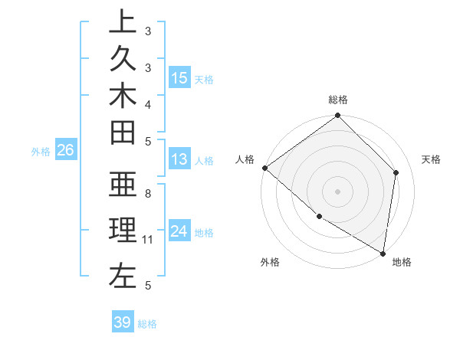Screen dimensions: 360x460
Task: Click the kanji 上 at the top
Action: (x=122, y=22)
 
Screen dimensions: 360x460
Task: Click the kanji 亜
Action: (x=122, y=186)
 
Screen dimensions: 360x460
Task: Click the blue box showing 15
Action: (x=179, y=78)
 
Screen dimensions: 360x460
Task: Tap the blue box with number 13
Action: (x=179, y=159)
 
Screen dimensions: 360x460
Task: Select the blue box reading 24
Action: (x=179, y=231)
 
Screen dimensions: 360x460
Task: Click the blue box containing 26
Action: (x=65, y=150)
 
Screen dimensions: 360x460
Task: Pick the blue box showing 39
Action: (x=123, y=322)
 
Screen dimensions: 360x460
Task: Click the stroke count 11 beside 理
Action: (x=148, y=240)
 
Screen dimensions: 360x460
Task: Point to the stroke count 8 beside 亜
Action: (x=148, y=194)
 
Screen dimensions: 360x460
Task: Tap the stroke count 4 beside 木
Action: (x=148, y=103)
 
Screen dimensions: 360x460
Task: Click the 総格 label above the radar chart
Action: (x=337, y=100)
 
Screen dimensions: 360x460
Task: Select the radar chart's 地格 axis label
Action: (x=402, y=263)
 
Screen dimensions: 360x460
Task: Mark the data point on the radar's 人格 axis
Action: (x=264, y=168)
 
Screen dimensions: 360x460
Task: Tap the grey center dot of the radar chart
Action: (x=337, y=191)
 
